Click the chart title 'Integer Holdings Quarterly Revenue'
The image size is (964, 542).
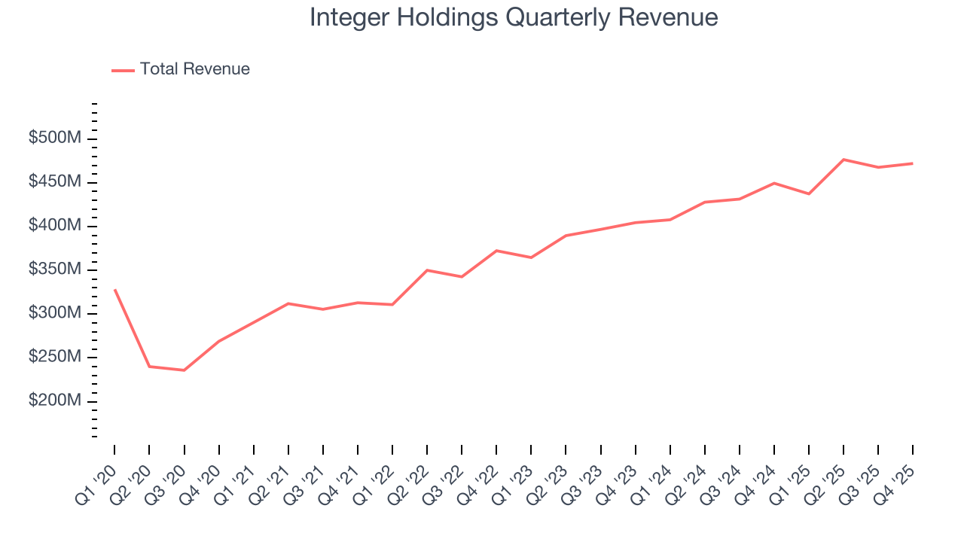click(x=514, y=17)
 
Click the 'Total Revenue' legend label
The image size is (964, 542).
click(x=194, y=69)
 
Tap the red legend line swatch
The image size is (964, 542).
click(x=123, y=70)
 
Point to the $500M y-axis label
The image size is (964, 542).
click(x=56, y=139)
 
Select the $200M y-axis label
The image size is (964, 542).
click(x=56, y=401)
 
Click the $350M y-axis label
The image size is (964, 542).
click(x=56, y=269)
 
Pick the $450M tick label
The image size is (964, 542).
click(x=56, y=182)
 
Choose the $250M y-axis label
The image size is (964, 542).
click(x=56, y=357)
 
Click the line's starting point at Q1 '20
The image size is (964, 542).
click(x=114, y=290)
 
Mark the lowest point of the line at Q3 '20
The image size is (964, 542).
click(x=184, y=370)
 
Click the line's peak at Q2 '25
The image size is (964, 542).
click(x=843, y=160)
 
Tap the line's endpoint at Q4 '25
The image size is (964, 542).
click(x=913, y=163)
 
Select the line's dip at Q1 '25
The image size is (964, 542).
click(x=809, y=194)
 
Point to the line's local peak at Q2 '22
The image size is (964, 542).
click(x=427, y=270)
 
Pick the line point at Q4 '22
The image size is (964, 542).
click(x=496, y=251)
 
